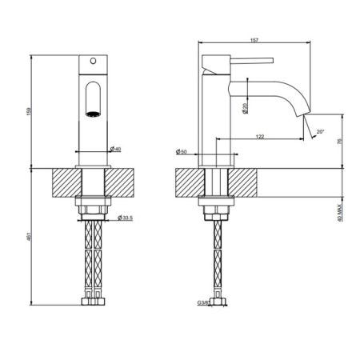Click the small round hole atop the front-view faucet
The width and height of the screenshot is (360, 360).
(x=94, y=61)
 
